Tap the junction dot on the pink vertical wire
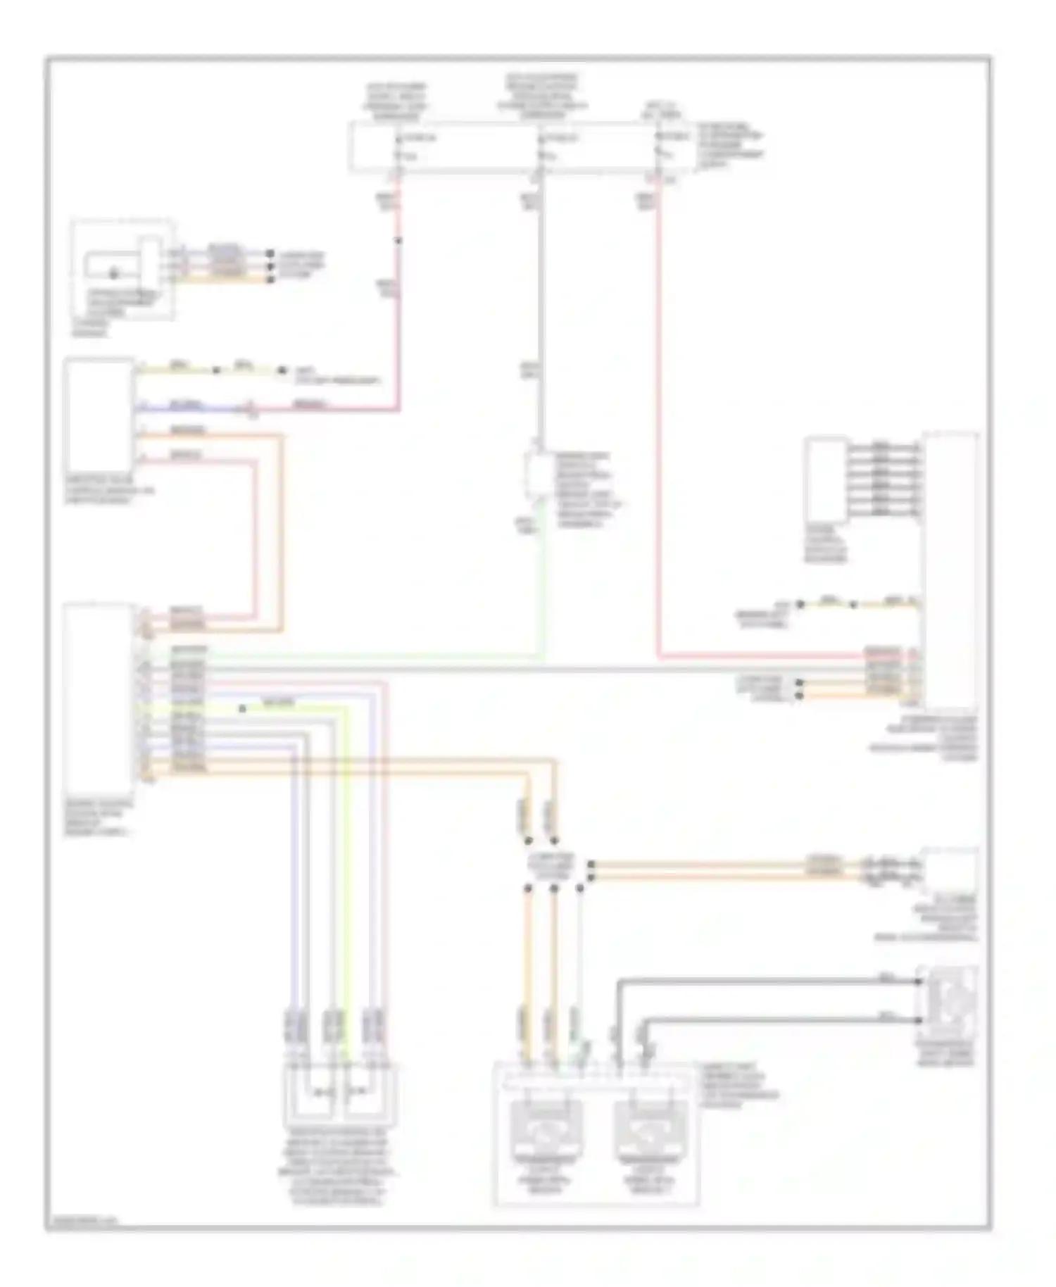pos(398,241)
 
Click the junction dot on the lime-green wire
pos(242,708)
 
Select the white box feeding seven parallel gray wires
pos(826,480)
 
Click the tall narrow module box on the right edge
pos(950,570)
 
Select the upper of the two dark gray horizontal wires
pos(767,980)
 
